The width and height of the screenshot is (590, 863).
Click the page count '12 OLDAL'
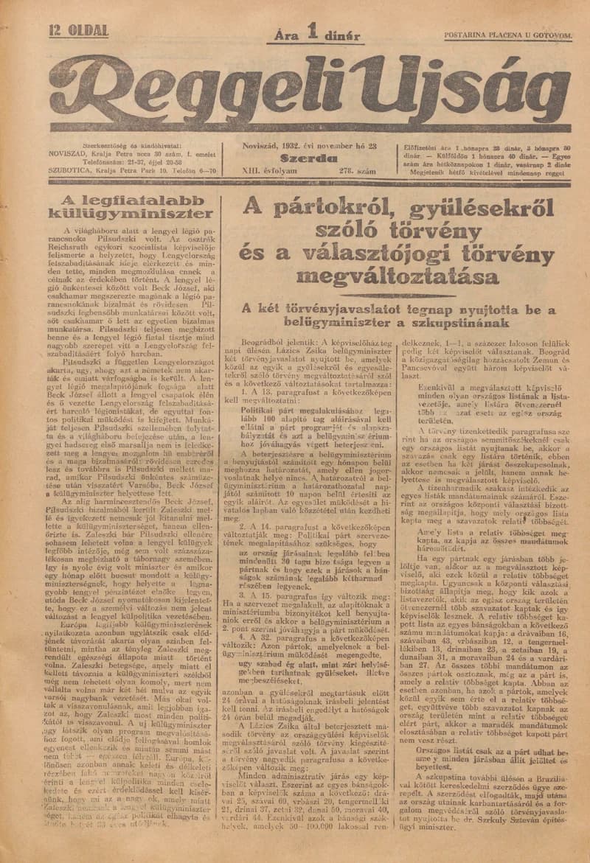tap(77, 31)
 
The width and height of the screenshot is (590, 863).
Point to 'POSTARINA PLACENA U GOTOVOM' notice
tap(508, 35)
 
